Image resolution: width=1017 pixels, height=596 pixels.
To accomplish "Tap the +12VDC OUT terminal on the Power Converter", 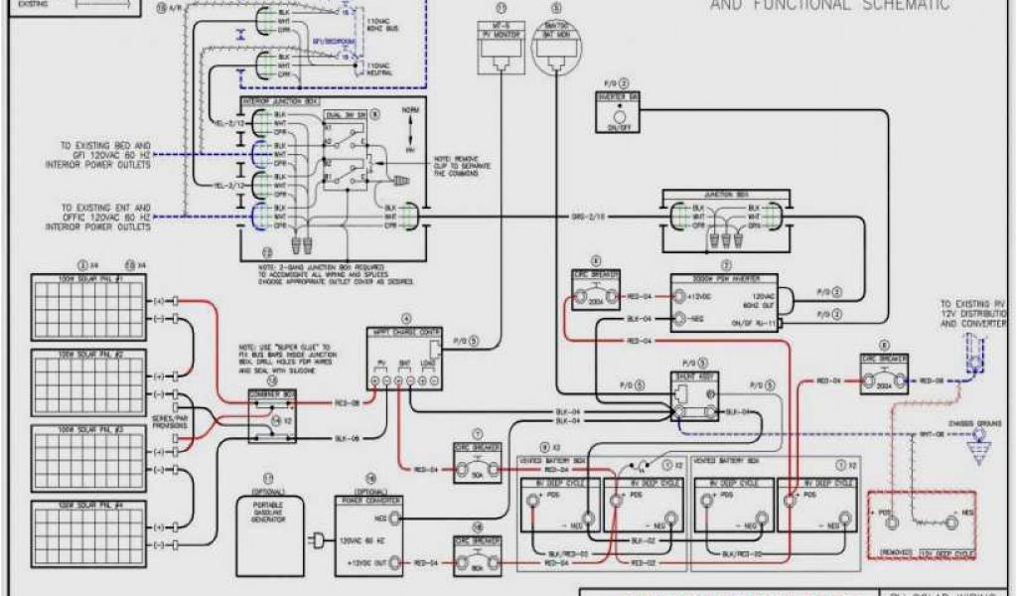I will click(x=395, y=562).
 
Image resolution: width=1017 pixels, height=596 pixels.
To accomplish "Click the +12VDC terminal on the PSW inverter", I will click(x=679, y=295).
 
